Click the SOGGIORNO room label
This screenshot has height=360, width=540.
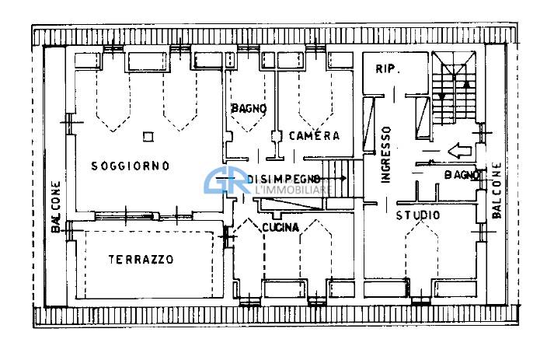tap(131, 166)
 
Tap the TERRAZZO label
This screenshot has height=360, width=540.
tap(141, 259)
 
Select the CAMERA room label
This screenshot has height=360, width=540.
tap(315, 136)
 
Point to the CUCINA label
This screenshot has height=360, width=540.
tap(280, 227)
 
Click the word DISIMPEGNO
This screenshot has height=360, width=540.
tap(283, 179)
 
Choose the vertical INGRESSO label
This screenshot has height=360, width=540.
tap(386, 154)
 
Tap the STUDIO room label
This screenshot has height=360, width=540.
tap(418, 215)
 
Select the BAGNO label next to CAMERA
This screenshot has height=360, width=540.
tap(249, 108)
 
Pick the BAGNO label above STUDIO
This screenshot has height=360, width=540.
tap(462, 175)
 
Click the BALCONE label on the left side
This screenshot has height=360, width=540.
tap(56, 207)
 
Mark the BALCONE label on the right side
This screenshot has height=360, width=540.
tap(496, 190)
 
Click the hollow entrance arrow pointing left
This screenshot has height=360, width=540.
tap(459, 151)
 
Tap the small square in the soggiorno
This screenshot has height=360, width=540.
tap(148, 137)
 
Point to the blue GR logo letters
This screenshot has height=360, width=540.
tap(228, 181)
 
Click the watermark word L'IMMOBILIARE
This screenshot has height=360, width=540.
tap(294, 189)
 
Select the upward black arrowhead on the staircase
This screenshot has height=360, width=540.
tap(467, 83)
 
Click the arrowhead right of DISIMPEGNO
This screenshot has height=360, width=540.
tap(343, 178)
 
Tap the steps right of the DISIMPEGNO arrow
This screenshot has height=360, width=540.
tap(339, 179)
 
